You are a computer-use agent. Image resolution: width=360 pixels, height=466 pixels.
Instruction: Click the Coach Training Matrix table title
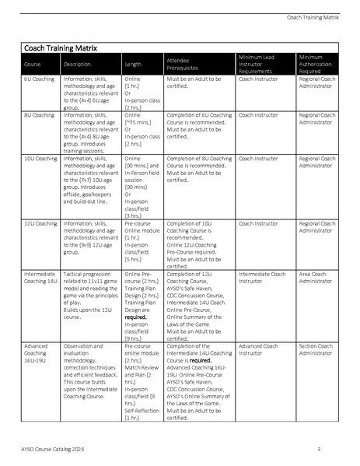[x=58, y=48]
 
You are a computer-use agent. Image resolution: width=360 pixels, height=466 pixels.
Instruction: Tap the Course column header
[x=33, y=65]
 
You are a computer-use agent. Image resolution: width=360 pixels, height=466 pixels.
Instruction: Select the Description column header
[x=77, y=65]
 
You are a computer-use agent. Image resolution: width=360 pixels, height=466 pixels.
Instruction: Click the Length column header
[x=133, y=65]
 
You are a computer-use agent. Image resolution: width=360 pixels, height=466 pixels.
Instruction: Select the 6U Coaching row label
[x=40, y=79]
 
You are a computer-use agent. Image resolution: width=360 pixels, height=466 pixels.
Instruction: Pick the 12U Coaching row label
[x=41, y=223]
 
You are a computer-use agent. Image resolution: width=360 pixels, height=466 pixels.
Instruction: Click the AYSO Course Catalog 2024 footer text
[x=58, y=450]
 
